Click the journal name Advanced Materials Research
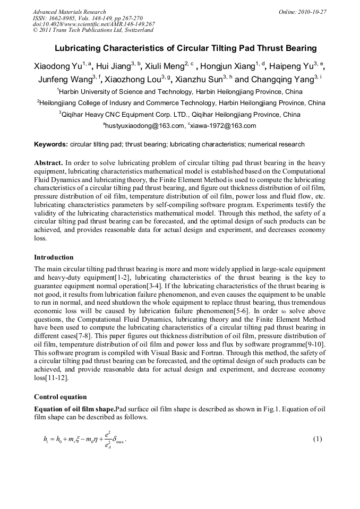click(x=69, y=12)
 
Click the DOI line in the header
click(x=94, y=24)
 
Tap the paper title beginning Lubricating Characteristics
click(x=185, y=48)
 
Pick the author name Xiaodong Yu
click(x=57, y=67)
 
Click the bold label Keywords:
click(x=51, y=144)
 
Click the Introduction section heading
click(x=54, y=257)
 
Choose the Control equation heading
click(x=59, y=396)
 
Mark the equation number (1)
click(x=317, y=439)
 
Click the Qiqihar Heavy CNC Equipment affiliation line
click(x=180, y=114)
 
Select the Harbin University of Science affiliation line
click(x=180, y=92)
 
